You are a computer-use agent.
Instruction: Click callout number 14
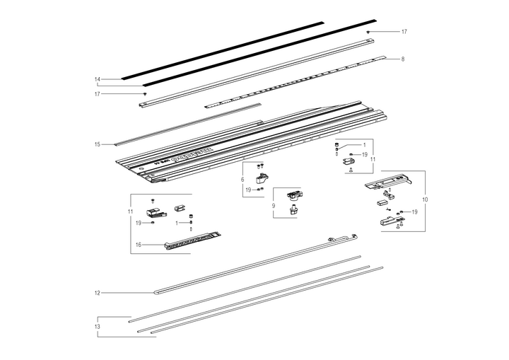click(98, 79)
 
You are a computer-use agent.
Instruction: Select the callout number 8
click(402, 59)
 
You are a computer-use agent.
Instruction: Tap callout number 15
click(98, 144)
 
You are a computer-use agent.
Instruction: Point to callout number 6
click(242, 180)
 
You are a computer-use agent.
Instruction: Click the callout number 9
click(273, 205)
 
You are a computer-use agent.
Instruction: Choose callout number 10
click(425, 200)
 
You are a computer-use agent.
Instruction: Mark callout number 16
click(139, 245)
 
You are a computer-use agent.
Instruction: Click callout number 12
click(98, 292)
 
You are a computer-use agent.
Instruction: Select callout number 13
click(98, 327)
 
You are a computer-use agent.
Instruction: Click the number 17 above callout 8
click(404, 33)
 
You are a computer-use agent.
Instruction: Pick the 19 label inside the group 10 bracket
click(414, 211)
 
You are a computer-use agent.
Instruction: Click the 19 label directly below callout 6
click(248, 190)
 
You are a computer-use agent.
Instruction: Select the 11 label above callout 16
click(130, 212)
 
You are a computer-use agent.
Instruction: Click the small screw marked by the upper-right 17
click(368, 33)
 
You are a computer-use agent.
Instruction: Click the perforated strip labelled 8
click(297, 81)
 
